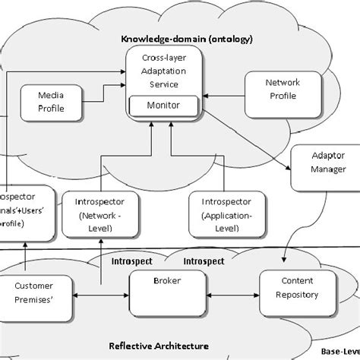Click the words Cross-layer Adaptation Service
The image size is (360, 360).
pyautogui.click(x=162, y=71)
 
